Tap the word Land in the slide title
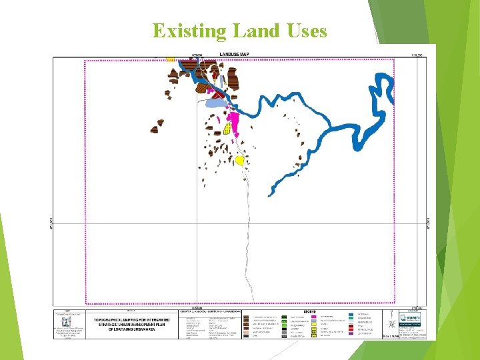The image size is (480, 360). [x=253, y=31]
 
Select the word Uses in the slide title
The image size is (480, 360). [x=304, y=31]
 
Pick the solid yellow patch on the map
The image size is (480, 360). [x=239, y=160]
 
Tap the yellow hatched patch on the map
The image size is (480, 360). [x=227, y=128]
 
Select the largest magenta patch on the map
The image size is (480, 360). [x=234, y=121]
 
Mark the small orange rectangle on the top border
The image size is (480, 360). [x=171, y=59]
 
